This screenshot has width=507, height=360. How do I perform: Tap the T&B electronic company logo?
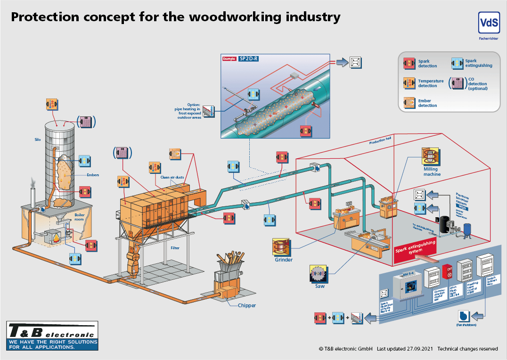(53, 335)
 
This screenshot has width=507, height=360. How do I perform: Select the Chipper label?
(246, 305)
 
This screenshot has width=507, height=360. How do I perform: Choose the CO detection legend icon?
(457, 83)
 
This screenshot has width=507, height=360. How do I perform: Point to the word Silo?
(38, 140)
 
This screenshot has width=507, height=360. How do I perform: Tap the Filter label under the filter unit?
(174, 248)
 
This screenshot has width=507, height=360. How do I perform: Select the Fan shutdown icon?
(464, 316)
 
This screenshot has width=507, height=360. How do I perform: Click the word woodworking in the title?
(235, 17)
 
